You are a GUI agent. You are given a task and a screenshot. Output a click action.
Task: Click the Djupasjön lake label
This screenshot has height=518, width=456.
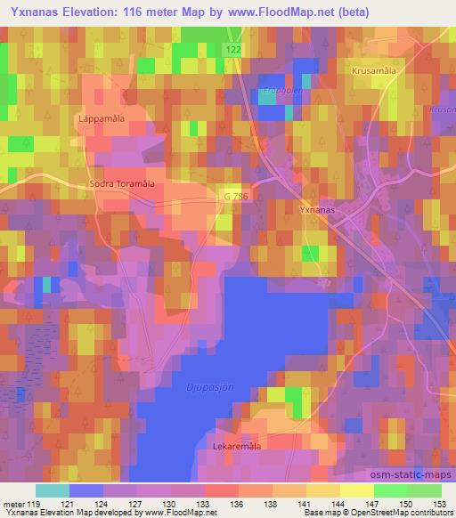(x=209, y=385)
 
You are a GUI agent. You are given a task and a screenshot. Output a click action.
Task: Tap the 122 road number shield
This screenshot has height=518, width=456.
(x=233, y=52)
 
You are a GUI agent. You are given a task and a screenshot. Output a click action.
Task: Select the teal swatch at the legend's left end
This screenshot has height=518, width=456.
(x=52, y=490)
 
